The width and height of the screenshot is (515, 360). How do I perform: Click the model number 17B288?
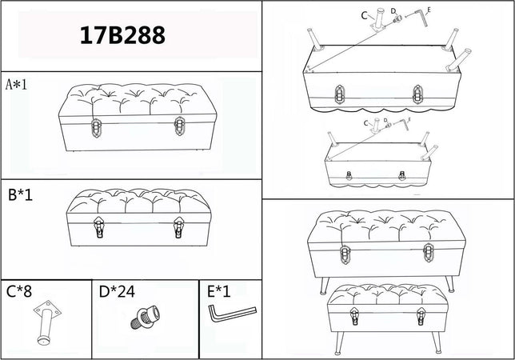tap(122, 35)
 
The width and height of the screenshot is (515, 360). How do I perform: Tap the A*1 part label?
tap(17, 85)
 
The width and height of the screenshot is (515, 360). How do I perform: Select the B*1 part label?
tap(20, 194)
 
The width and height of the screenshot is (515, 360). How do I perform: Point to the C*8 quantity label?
tap(19, 291)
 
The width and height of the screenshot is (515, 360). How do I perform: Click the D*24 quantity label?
tap(117, 291)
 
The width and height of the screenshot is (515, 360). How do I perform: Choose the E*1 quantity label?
tap(219, 291)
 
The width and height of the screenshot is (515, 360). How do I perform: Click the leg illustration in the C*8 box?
tap(46, 322)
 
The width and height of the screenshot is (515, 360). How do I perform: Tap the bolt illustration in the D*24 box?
tap(146, 318)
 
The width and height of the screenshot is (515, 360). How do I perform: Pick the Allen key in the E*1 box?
tap(232, 314)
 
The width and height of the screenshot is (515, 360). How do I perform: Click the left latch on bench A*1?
tap(96, 127)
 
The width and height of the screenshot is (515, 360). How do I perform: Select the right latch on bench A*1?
tap(180, 126)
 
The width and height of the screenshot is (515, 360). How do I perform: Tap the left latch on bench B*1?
tap(99, 227)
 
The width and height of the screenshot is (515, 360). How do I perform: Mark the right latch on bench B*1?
tap(178, 227)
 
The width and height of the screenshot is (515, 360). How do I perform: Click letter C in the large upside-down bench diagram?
tap(364, 15)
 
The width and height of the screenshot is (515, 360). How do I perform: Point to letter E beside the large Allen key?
tap(429, 10)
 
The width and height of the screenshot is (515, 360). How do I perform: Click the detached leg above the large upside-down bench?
tap(379, 20)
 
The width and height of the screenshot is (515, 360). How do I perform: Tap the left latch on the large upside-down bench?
tap(340, 94)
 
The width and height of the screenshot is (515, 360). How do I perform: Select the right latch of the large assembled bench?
tap(429, 253)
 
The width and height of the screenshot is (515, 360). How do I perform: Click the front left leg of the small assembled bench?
tap(339, 343)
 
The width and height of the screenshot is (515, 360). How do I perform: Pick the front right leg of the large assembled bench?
tap(450, 284)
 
